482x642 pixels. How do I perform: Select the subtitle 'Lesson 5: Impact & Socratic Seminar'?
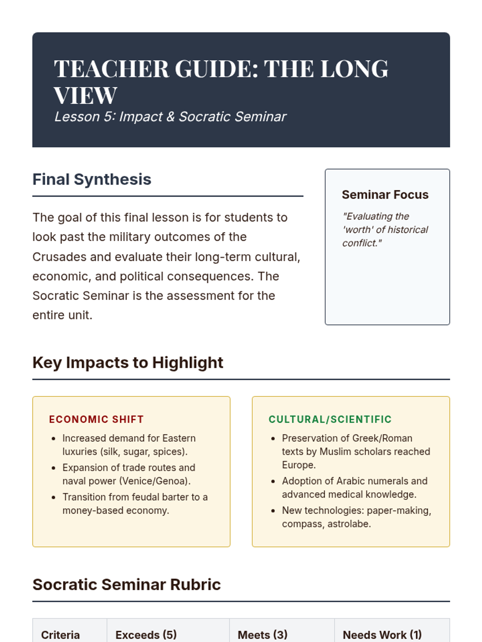pyautogui.click(x=170, y=117)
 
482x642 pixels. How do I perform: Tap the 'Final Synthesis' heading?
pyautogui.click(x=92, y=179)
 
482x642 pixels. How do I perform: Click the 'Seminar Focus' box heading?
pyautogui.click(x=385, y=195)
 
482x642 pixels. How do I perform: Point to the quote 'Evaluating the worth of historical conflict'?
pyautogui.click(x=385, y=230)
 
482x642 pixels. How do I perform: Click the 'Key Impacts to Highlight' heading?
pyautogui.click(x=128, y=363)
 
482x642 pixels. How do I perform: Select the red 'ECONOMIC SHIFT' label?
pyautogui.click(x=96, y=419)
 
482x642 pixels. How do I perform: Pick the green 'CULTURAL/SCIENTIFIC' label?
pyautogui.click(x=330, y=419)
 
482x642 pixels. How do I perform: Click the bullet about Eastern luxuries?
pyautogui.click(x=129, y=445)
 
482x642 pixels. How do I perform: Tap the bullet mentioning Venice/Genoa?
pyautogui.click(x=129, y=474)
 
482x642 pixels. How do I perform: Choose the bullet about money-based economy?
pyautogui.click(x=135, y=504)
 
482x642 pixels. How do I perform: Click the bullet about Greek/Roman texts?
pyautogui.click(x=355, y=451)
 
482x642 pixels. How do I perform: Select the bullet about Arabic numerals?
pyautogui.click(x=354, y=488)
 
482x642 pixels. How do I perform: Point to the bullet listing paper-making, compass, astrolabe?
pyautogui.click(x=356, y=517)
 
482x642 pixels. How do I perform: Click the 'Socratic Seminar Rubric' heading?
pyautogui.click(x=127, y=585)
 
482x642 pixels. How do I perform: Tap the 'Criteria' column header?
pyautogui.click(x=60, y=635)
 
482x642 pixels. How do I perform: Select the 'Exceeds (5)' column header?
pyautogui.click(x=146, y=635)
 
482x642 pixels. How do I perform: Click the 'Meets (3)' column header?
pyautogui.click(x=262, y=635)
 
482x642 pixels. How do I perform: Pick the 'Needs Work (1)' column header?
pyautogui.click(x=382, y=635)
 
